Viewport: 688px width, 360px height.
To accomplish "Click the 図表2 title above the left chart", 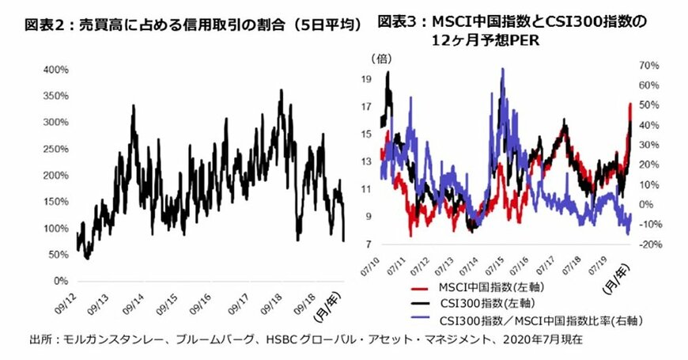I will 193,25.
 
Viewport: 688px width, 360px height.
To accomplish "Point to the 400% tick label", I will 54,70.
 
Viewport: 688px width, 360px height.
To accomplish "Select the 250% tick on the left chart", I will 54,149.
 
